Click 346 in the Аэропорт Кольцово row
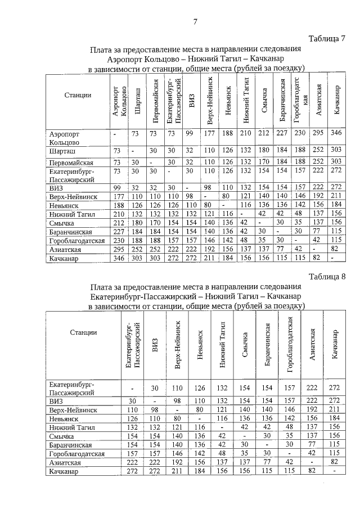(x=337, y=133)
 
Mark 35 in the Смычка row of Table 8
(x=290, y=435)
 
